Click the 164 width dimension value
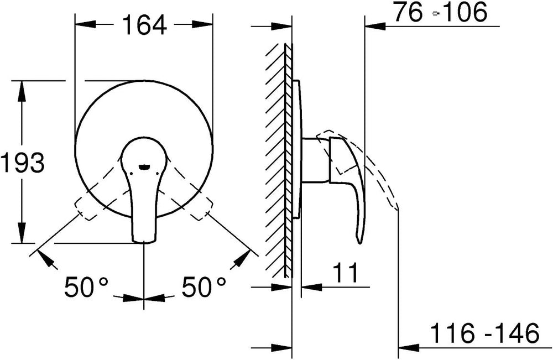[x=144, y=25]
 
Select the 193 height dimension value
[x=23, y=163]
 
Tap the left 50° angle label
[x=86, y=286]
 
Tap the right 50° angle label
[x=204, y=286]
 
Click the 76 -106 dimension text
[x=441, y=12]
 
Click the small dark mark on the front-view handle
[x=144, y=166]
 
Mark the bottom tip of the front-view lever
[x=144, y=242]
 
